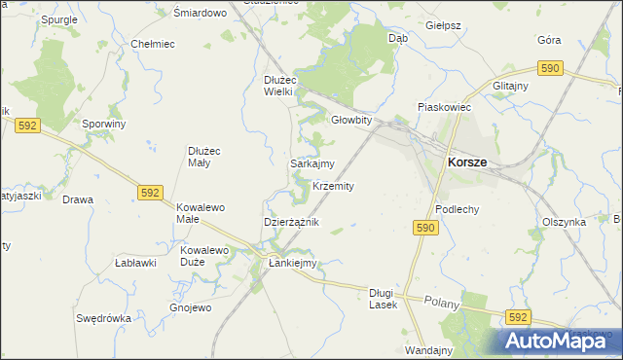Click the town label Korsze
[x=467, y=164]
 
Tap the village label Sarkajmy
[x=312, y=164]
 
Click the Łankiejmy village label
[x=293, y=263]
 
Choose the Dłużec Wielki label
[x=285, y=86]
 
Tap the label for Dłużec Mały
[x=205, y=156]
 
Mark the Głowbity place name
[x=351, y=121]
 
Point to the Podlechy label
[x=457, y=209]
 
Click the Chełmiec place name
[x=152, y=44]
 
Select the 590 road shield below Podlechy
[x=425, y=228]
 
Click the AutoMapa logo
[x=552, y=341]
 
